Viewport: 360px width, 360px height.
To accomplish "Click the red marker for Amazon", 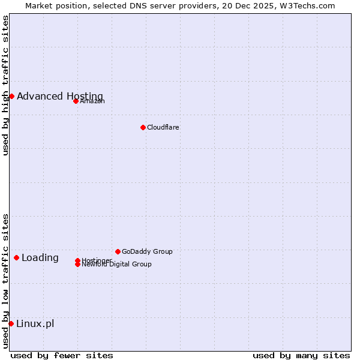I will (76, 101).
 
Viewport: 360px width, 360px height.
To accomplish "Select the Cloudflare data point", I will (143, 127).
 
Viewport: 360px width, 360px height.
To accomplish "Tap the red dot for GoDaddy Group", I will (118, 251).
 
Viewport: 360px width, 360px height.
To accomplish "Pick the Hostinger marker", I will (77, 260).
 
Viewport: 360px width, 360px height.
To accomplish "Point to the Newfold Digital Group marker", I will (77, 265).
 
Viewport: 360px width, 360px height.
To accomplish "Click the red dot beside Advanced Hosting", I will (11, 96).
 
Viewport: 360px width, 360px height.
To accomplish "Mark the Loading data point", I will (16, 257).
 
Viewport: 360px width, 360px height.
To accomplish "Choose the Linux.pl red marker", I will (11, 324).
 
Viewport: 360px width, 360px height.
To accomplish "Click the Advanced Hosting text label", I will (60, 96).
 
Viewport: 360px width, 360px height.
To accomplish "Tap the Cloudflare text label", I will (163, 127).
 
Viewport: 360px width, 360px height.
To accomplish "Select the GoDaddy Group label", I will (147, 251).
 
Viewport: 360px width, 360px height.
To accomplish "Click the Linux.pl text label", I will (35, 324).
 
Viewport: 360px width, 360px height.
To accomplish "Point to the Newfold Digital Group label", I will (116, 265).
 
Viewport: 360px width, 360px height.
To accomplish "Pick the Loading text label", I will (40, 258).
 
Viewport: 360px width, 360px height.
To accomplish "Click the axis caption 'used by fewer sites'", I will (62, 355).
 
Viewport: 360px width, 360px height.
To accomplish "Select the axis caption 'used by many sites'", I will (301, 355).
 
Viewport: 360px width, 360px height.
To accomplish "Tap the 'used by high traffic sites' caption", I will (5, 85).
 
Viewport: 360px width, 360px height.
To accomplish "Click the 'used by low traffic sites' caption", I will (5, 281).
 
